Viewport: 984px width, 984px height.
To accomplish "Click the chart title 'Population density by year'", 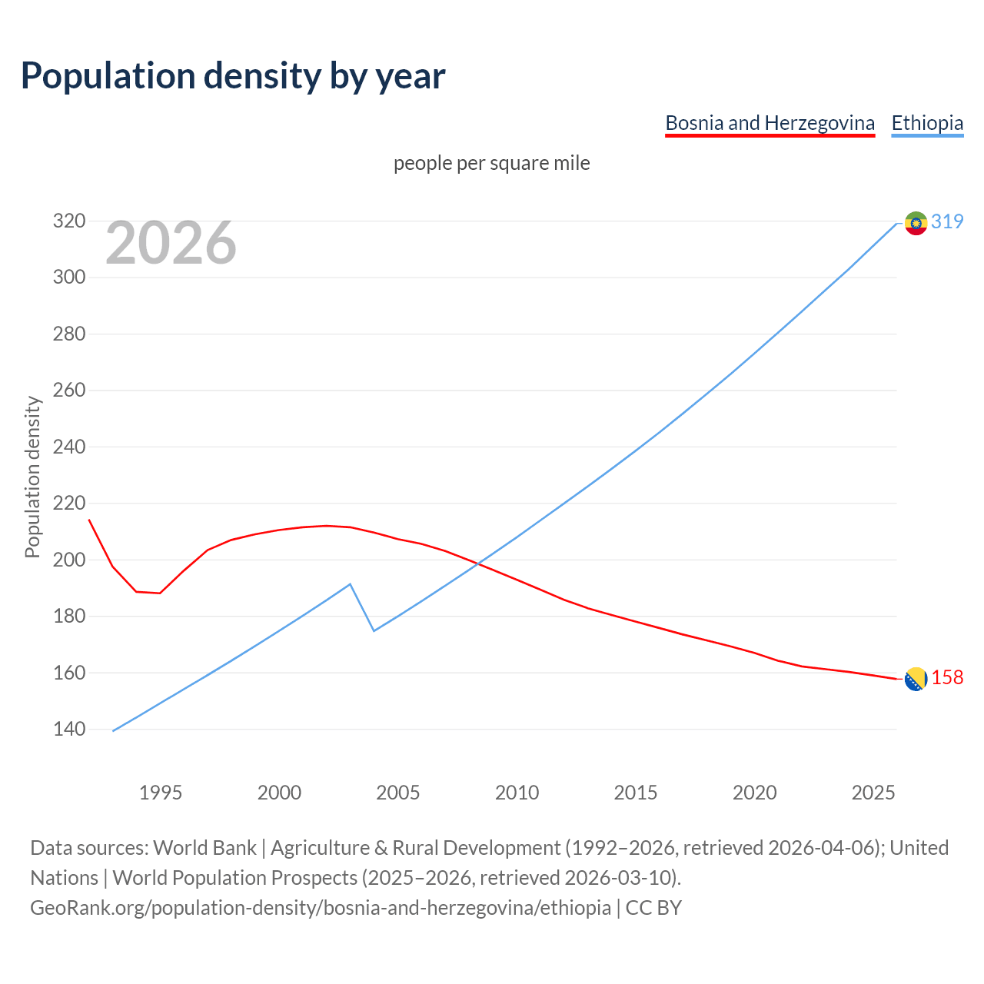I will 233,75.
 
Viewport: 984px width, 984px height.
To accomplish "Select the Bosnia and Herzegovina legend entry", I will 770,123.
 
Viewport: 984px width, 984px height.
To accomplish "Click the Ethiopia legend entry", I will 927,123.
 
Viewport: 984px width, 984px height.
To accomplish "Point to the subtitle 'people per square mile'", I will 492,163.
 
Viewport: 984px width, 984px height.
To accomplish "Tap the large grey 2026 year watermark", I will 171,243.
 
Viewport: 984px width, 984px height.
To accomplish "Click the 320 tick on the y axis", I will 68,221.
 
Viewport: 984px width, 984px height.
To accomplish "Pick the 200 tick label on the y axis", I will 68,560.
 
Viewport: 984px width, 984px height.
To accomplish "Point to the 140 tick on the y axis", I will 68,729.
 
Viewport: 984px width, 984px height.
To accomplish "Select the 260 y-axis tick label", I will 68,391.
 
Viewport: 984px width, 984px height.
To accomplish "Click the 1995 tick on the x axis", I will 161,793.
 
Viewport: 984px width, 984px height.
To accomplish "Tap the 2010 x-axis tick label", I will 517,793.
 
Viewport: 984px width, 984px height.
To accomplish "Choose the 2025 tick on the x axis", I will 873,793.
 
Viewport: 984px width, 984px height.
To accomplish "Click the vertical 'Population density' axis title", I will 32,477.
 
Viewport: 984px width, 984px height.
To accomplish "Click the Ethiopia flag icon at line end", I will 916,223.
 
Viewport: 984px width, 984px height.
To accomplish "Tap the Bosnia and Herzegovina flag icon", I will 916,679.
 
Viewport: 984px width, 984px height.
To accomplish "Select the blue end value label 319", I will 947,221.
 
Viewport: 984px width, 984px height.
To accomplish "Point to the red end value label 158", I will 947,677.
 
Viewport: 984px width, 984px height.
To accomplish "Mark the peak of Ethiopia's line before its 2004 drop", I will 350,584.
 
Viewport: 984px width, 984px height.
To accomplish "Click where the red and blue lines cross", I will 477,563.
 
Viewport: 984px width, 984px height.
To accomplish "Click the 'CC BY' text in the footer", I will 653,908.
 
